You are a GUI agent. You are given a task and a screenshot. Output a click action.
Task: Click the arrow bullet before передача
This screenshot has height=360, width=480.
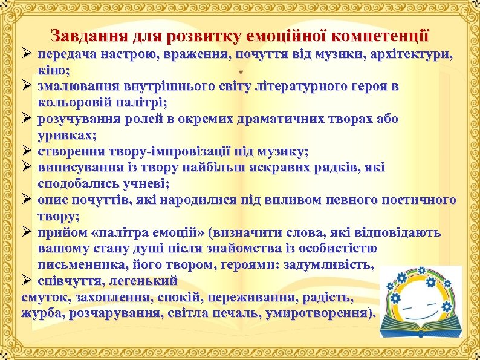click(x=27, y=54)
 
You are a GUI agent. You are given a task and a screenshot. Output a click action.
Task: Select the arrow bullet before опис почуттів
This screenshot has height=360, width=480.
click(x=27, y=199)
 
